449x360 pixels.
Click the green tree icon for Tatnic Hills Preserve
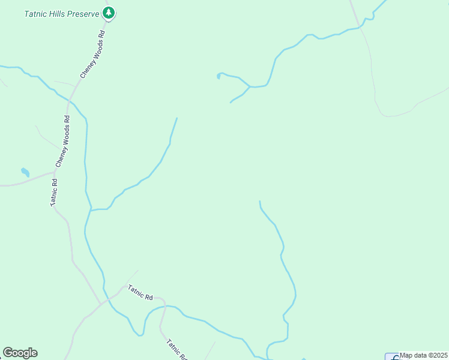coord(108,12)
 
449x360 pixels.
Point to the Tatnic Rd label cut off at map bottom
coord(176,349)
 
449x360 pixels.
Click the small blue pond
coord(25,172)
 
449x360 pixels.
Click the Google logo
coord(20,353)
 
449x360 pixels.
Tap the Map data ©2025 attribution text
coord(423,355)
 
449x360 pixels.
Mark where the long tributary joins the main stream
coord(91,210)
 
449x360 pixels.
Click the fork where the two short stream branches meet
coord(249,86)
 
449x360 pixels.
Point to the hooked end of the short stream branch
coord(218,76)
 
